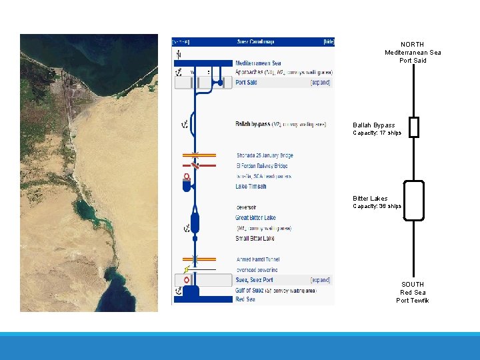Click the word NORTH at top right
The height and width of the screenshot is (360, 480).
[x=413, y=45]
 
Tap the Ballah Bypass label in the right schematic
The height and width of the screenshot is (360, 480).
[x=373, y=125]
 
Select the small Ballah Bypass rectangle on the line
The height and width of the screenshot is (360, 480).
[x=414, y=127]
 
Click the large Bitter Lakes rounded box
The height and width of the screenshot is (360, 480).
[x=414, y=201]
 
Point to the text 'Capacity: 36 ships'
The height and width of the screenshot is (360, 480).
[x=377, y=207]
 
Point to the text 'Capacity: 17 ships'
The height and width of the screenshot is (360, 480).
[x=377, y=133]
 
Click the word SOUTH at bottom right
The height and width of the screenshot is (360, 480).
[x=413, y=284]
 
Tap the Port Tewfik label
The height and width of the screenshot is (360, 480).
[x=413, y=301]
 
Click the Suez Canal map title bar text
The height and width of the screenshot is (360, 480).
[x=252, y=41]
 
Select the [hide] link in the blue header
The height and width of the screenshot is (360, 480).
[x=328, y=41]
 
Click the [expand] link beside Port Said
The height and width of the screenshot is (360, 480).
[x=320, y=83]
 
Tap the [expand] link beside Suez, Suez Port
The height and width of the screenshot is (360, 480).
[x=320, y=280]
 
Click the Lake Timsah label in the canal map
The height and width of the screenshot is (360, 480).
[x=251, y=187]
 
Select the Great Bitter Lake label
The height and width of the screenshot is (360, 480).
[x=255, y=218]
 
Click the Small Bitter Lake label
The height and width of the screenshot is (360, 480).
[x=255, y=239]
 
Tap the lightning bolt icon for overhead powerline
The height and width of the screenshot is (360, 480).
[x=187, y=269]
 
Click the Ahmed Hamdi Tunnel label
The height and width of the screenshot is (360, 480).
[x=258, y=259]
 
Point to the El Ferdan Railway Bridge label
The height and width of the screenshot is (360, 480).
[x=261, y=166]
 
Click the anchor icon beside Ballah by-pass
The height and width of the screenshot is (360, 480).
[x=185, y=124]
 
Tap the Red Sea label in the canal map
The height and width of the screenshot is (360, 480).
[x=245, y=299]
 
